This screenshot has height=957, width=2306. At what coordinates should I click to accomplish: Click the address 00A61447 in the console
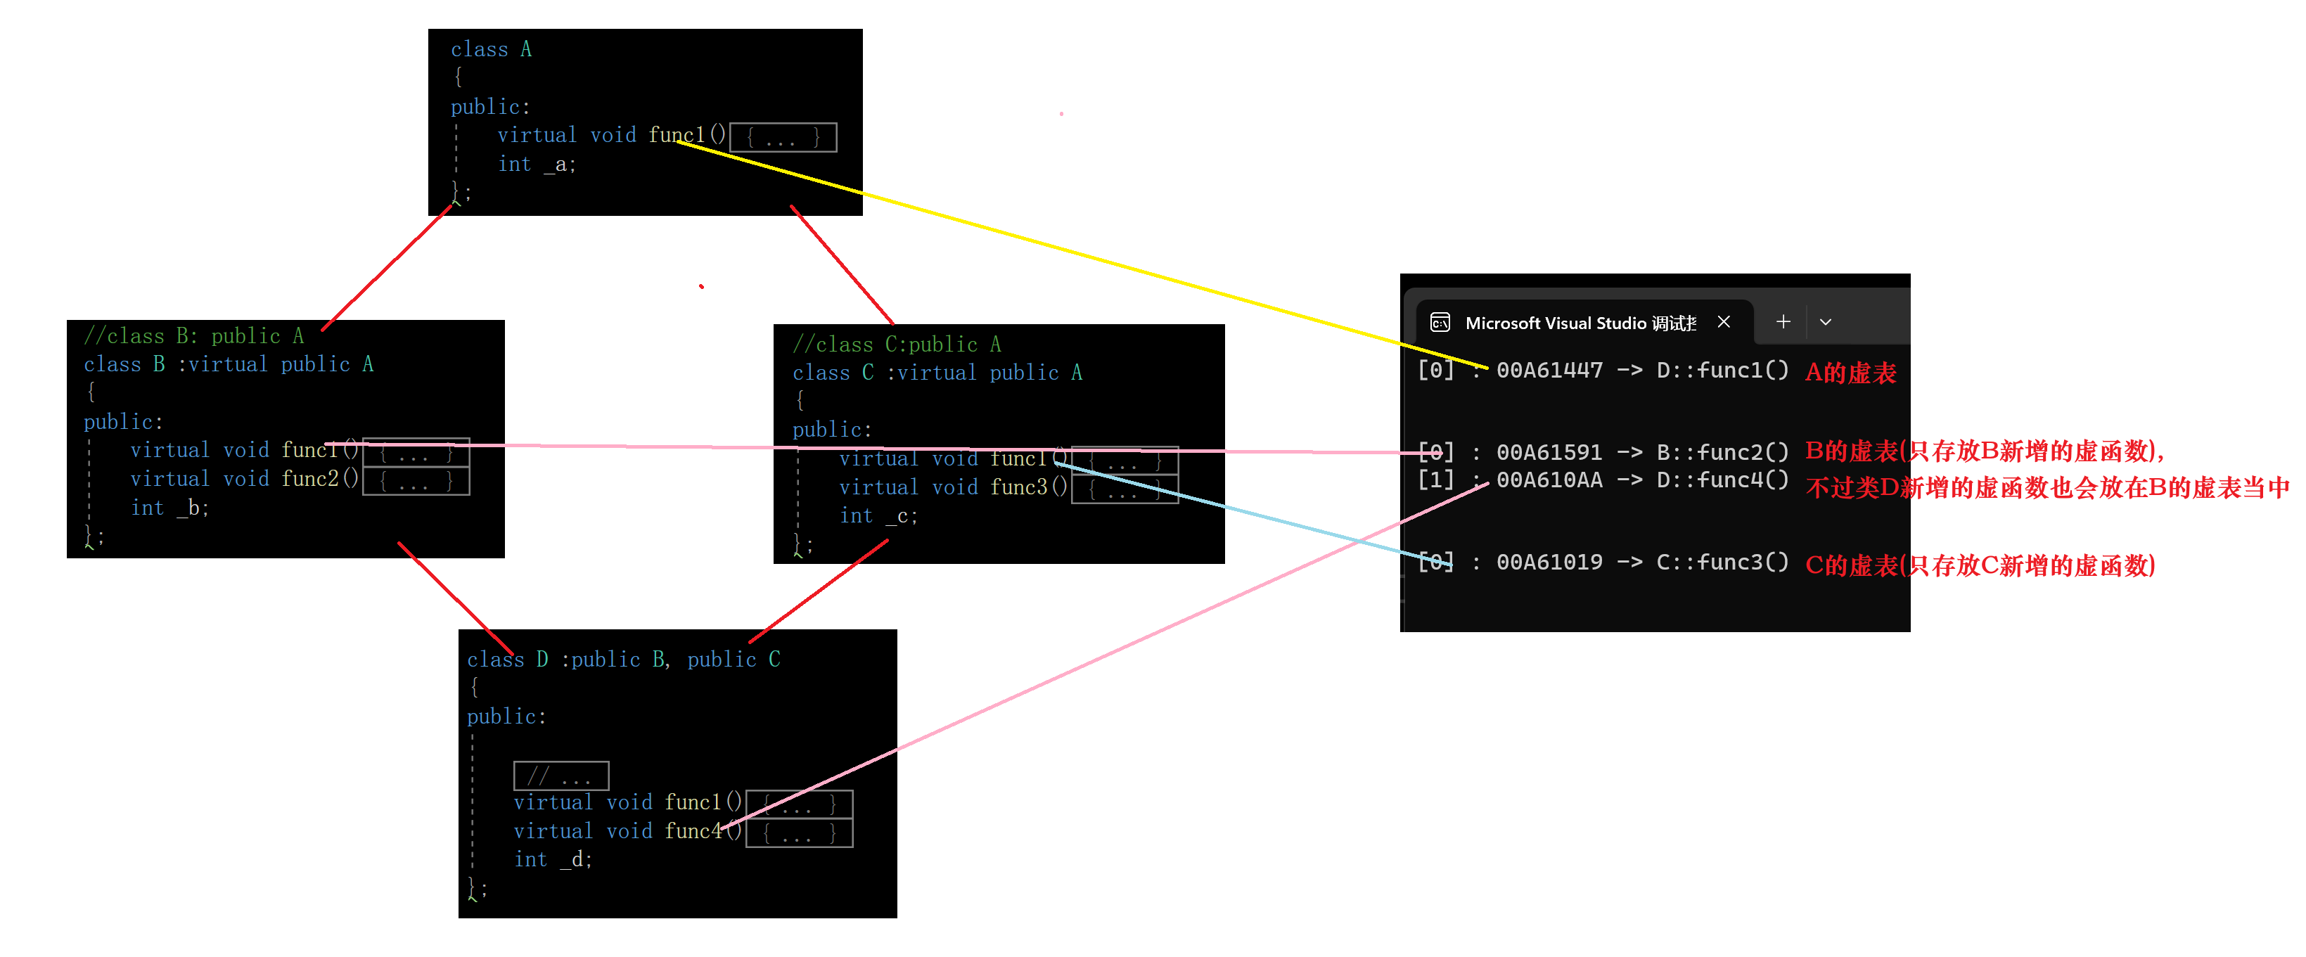pos(1549,371)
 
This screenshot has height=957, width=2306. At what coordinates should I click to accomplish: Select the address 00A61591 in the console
pos(1549,453)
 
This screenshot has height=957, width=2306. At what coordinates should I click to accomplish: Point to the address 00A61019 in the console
pos(1549,563)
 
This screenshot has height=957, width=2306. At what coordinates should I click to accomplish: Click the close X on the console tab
pos(1723,322)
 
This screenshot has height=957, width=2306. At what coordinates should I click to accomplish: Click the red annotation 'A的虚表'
pos(1850,373)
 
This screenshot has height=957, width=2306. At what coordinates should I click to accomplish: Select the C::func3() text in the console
pos(1722,563)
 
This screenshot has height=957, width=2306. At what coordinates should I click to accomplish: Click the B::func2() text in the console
pos(1722,453)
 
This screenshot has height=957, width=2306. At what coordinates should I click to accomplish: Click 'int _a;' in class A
pos(536,165)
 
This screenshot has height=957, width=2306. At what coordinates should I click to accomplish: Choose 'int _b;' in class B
pos(169,508)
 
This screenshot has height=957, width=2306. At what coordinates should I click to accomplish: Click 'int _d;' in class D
pos(552,860)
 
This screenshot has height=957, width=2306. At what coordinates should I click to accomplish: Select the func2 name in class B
pos(309,480)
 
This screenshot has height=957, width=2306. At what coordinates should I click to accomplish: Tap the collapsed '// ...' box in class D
pos(561,776)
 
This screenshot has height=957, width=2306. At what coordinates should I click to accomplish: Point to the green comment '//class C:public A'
pos(896,345)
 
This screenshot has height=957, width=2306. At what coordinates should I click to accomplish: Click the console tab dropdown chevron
pos(1825,322)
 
